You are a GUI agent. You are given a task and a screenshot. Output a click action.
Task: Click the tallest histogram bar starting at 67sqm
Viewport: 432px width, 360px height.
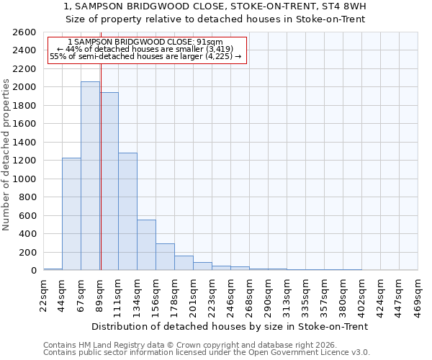(x=90, y=176)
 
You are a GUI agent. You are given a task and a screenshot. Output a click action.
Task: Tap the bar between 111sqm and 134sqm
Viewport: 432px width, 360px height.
(x=127, y=212)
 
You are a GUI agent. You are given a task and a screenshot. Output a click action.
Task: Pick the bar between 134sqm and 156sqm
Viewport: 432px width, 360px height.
(x=146, y=245)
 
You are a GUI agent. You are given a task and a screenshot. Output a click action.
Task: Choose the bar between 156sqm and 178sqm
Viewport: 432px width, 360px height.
(x=165, y=257)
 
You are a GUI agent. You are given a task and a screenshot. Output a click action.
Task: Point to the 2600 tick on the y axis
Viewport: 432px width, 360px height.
(x=26, y=32)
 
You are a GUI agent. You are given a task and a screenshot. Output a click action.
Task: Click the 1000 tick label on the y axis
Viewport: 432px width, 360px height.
(x=26, y=179)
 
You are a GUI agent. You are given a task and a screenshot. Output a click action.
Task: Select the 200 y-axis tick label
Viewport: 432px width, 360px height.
(x=29, y=253)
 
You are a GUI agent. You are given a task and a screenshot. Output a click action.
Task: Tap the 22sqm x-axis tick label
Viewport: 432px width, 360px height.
(x=43, y=293)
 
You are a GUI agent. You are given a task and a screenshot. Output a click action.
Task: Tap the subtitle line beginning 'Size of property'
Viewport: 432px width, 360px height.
(x=215, y=19)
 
